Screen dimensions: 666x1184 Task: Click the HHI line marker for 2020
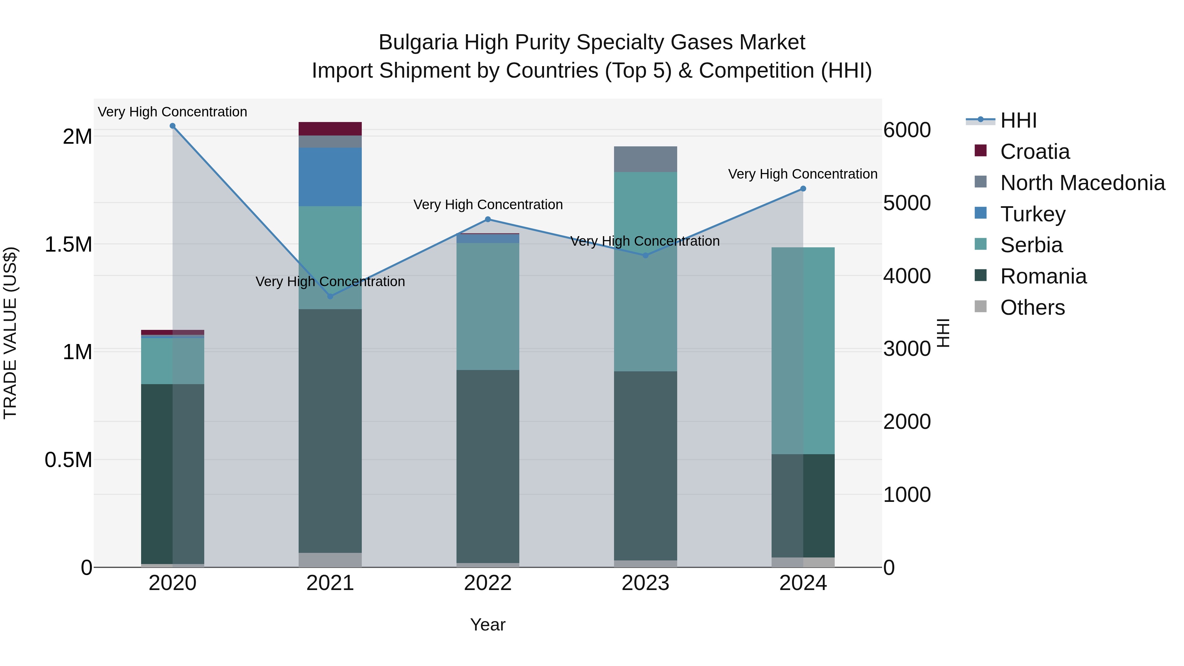(x=172, y=126)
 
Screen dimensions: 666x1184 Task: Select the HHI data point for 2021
(x=330, y=296)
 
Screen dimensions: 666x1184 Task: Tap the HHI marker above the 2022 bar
(x=488, y=219)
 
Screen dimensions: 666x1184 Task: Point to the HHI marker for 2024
(x=803, y=188)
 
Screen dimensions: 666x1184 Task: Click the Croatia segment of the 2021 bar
(x=330, y=129)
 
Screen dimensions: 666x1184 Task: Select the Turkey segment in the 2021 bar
(x=330, y=177)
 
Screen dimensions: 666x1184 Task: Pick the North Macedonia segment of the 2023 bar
(x=645, y=159)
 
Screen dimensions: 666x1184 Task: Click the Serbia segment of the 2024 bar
(x=803, y=350)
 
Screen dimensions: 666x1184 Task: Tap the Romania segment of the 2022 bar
(x=488, y=466)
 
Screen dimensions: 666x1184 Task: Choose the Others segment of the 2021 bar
(x=330, y=559)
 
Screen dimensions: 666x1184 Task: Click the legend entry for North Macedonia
(x=1082, y=183)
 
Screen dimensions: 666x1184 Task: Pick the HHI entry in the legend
(x=1018, y=120)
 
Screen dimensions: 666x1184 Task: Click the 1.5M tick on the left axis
(x=68, y=244)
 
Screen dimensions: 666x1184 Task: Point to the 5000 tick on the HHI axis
(x=907, y=203)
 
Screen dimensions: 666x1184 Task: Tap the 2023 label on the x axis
(x=645, y=583)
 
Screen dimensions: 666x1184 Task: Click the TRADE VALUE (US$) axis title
(x=10, y=333)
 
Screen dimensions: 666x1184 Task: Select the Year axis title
(x=488, y=625)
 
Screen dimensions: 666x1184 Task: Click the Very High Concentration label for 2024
(x=802, y=174)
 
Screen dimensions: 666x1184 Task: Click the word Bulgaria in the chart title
(x=417, y=42)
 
